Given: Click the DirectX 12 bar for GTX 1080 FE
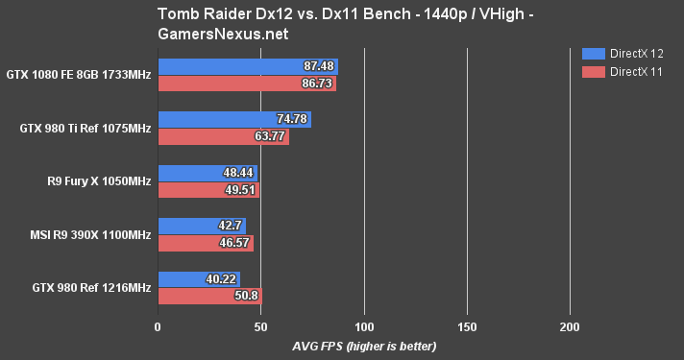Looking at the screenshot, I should tap(248, 66).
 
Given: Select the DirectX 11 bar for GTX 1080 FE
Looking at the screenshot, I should tap(247, 84).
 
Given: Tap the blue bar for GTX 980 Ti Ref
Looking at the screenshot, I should tap(234, 119).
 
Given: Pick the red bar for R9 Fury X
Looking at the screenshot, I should tap(208, 190).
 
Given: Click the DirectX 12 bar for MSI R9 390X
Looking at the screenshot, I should tap(202, 226).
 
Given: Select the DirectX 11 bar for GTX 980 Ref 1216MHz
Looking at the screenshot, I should tap(209, 296).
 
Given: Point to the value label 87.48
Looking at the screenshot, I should tap(317, 66).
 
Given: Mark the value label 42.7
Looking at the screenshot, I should tap(230, 226).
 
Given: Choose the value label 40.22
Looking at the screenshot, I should tap(220, 278).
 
